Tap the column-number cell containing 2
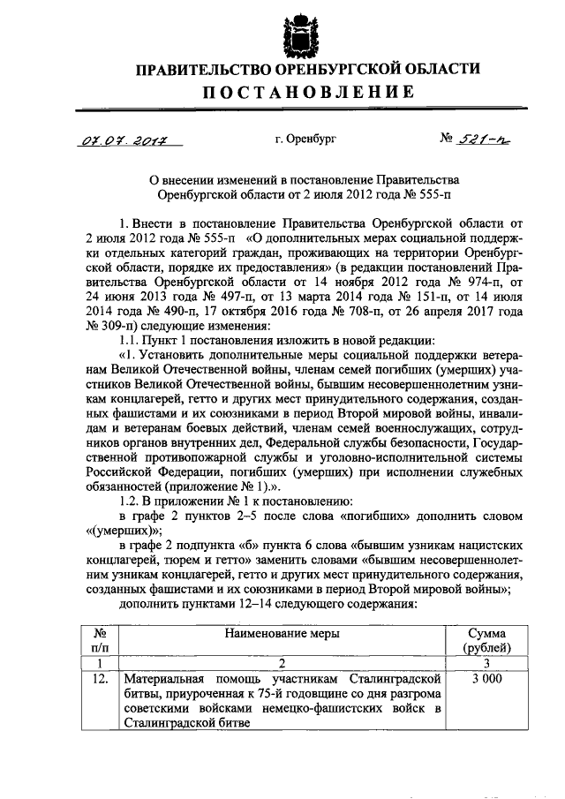281,663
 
